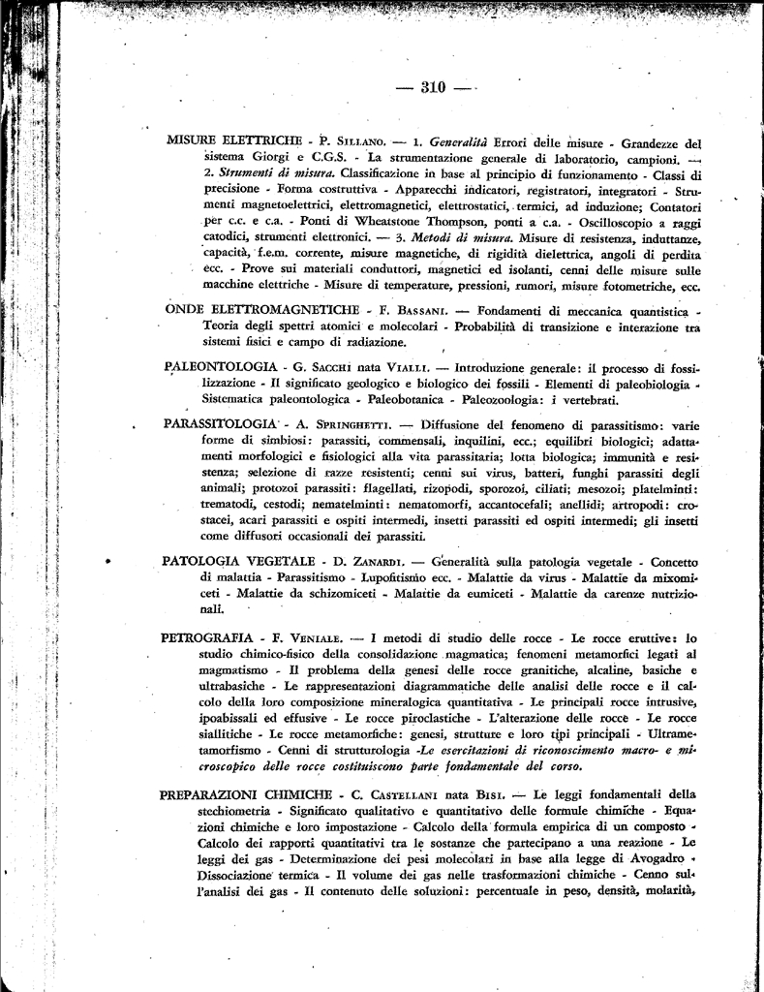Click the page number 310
pos(433,88)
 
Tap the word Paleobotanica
pos(392,399)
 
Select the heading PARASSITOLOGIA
pos(222,425)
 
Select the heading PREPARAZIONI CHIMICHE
pos(246,795)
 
